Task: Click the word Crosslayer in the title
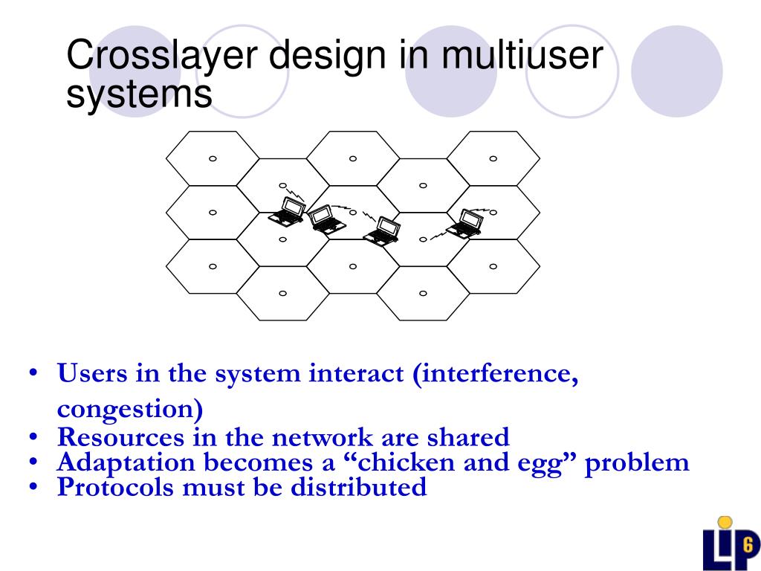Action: pos(161,58)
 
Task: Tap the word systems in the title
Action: pos(139,94)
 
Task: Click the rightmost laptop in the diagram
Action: pos(467,224)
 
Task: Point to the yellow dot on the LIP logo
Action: pos(725,523)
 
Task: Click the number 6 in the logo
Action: pos(747,541)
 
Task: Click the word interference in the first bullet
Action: pos(499,374)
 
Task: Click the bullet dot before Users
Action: pos(33,373)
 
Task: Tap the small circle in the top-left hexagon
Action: pos(213,158)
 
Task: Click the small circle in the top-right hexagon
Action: pos(493,158)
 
